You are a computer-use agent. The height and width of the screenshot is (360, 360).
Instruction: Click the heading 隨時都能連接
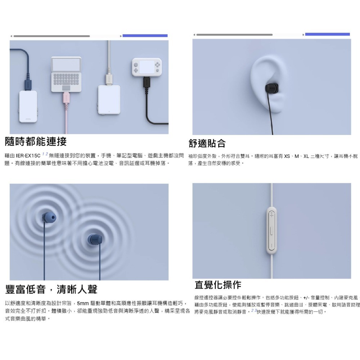36,141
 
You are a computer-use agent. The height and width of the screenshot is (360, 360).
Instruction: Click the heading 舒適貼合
207,143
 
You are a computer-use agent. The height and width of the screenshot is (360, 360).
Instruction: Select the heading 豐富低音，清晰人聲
51,289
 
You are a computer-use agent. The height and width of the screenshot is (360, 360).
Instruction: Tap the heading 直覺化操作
218,285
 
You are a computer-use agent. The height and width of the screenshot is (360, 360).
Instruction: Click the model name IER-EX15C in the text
28,156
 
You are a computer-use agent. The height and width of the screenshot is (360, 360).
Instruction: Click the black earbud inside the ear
270,87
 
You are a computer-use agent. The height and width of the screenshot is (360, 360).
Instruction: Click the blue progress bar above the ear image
327,35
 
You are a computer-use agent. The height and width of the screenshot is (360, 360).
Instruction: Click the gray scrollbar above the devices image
51,36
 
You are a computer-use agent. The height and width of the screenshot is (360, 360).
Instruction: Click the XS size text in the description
287,156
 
